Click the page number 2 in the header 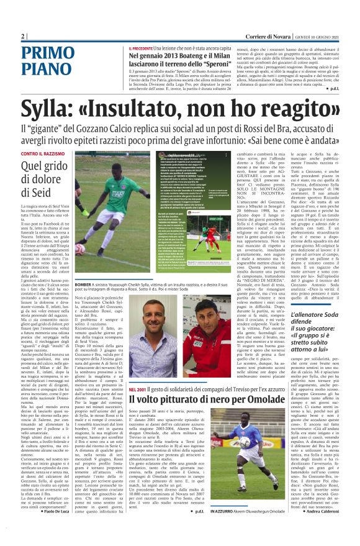(22, 37)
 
